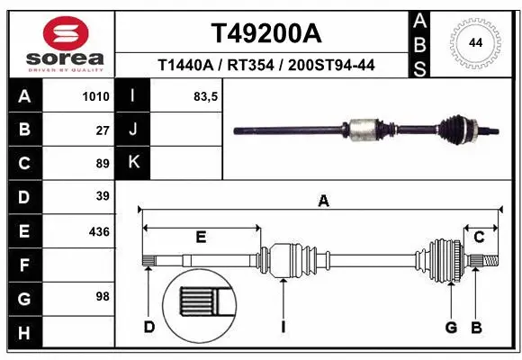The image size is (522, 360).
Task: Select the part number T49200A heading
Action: [x=265, y=33]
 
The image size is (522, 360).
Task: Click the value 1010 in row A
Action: [x=96, y=96]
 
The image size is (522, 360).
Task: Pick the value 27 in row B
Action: [x=103, y=130]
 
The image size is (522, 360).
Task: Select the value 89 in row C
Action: [x=103, y=164]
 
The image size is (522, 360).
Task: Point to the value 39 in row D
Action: [x=103, y=196]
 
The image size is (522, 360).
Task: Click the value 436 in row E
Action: [x=99, y=231]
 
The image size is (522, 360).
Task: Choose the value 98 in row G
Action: [x=103, y=296]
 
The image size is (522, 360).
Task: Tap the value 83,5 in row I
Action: [x=206, y=96]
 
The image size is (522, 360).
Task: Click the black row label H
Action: [x=23, y=333]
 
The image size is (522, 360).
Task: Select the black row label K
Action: [x=133, y=163]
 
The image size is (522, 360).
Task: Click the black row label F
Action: [x=23, y=265]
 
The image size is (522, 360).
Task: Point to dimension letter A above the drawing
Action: [x=323, y=202]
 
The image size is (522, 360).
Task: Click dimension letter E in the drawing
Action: [x=201, y=237]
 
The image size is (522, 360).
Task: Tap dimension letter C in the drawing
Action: [x=480, y=237]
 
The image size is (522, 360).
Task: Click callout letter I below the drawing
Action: [x=283, y=327]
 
